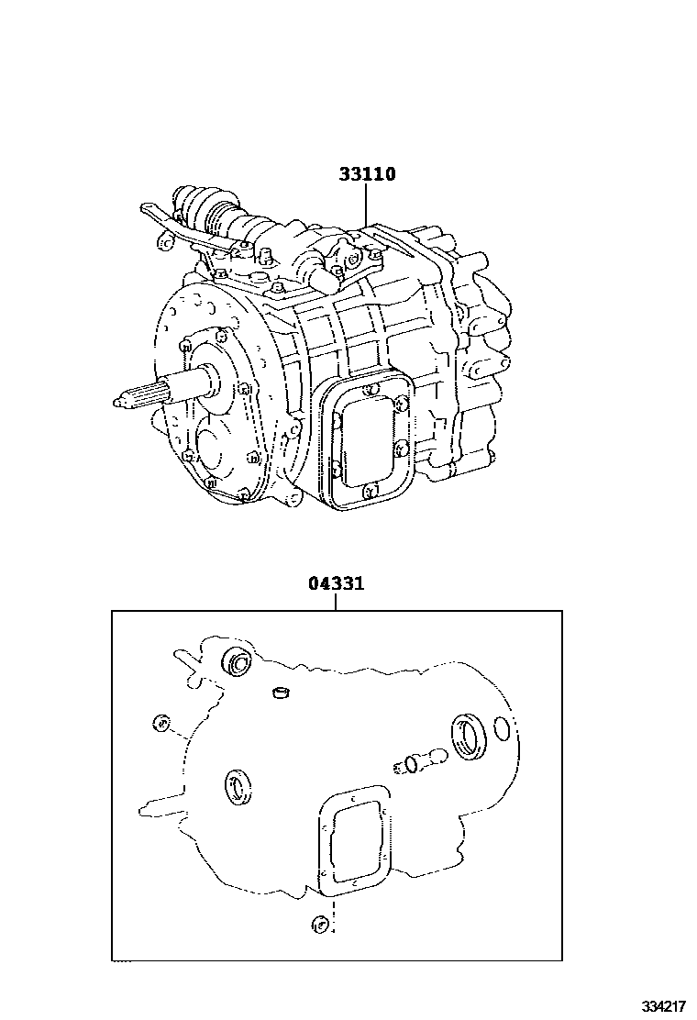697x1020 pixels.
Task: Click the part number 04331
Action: click(x=335, y=583)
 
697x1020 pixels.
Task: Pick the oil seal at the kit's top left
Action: click(x=237, y=661)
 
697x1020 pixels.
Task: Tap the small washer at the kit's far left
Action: click(x=161, y=724)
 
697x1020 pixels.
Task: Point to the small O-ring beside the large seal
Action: click(x=501, y=729)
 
